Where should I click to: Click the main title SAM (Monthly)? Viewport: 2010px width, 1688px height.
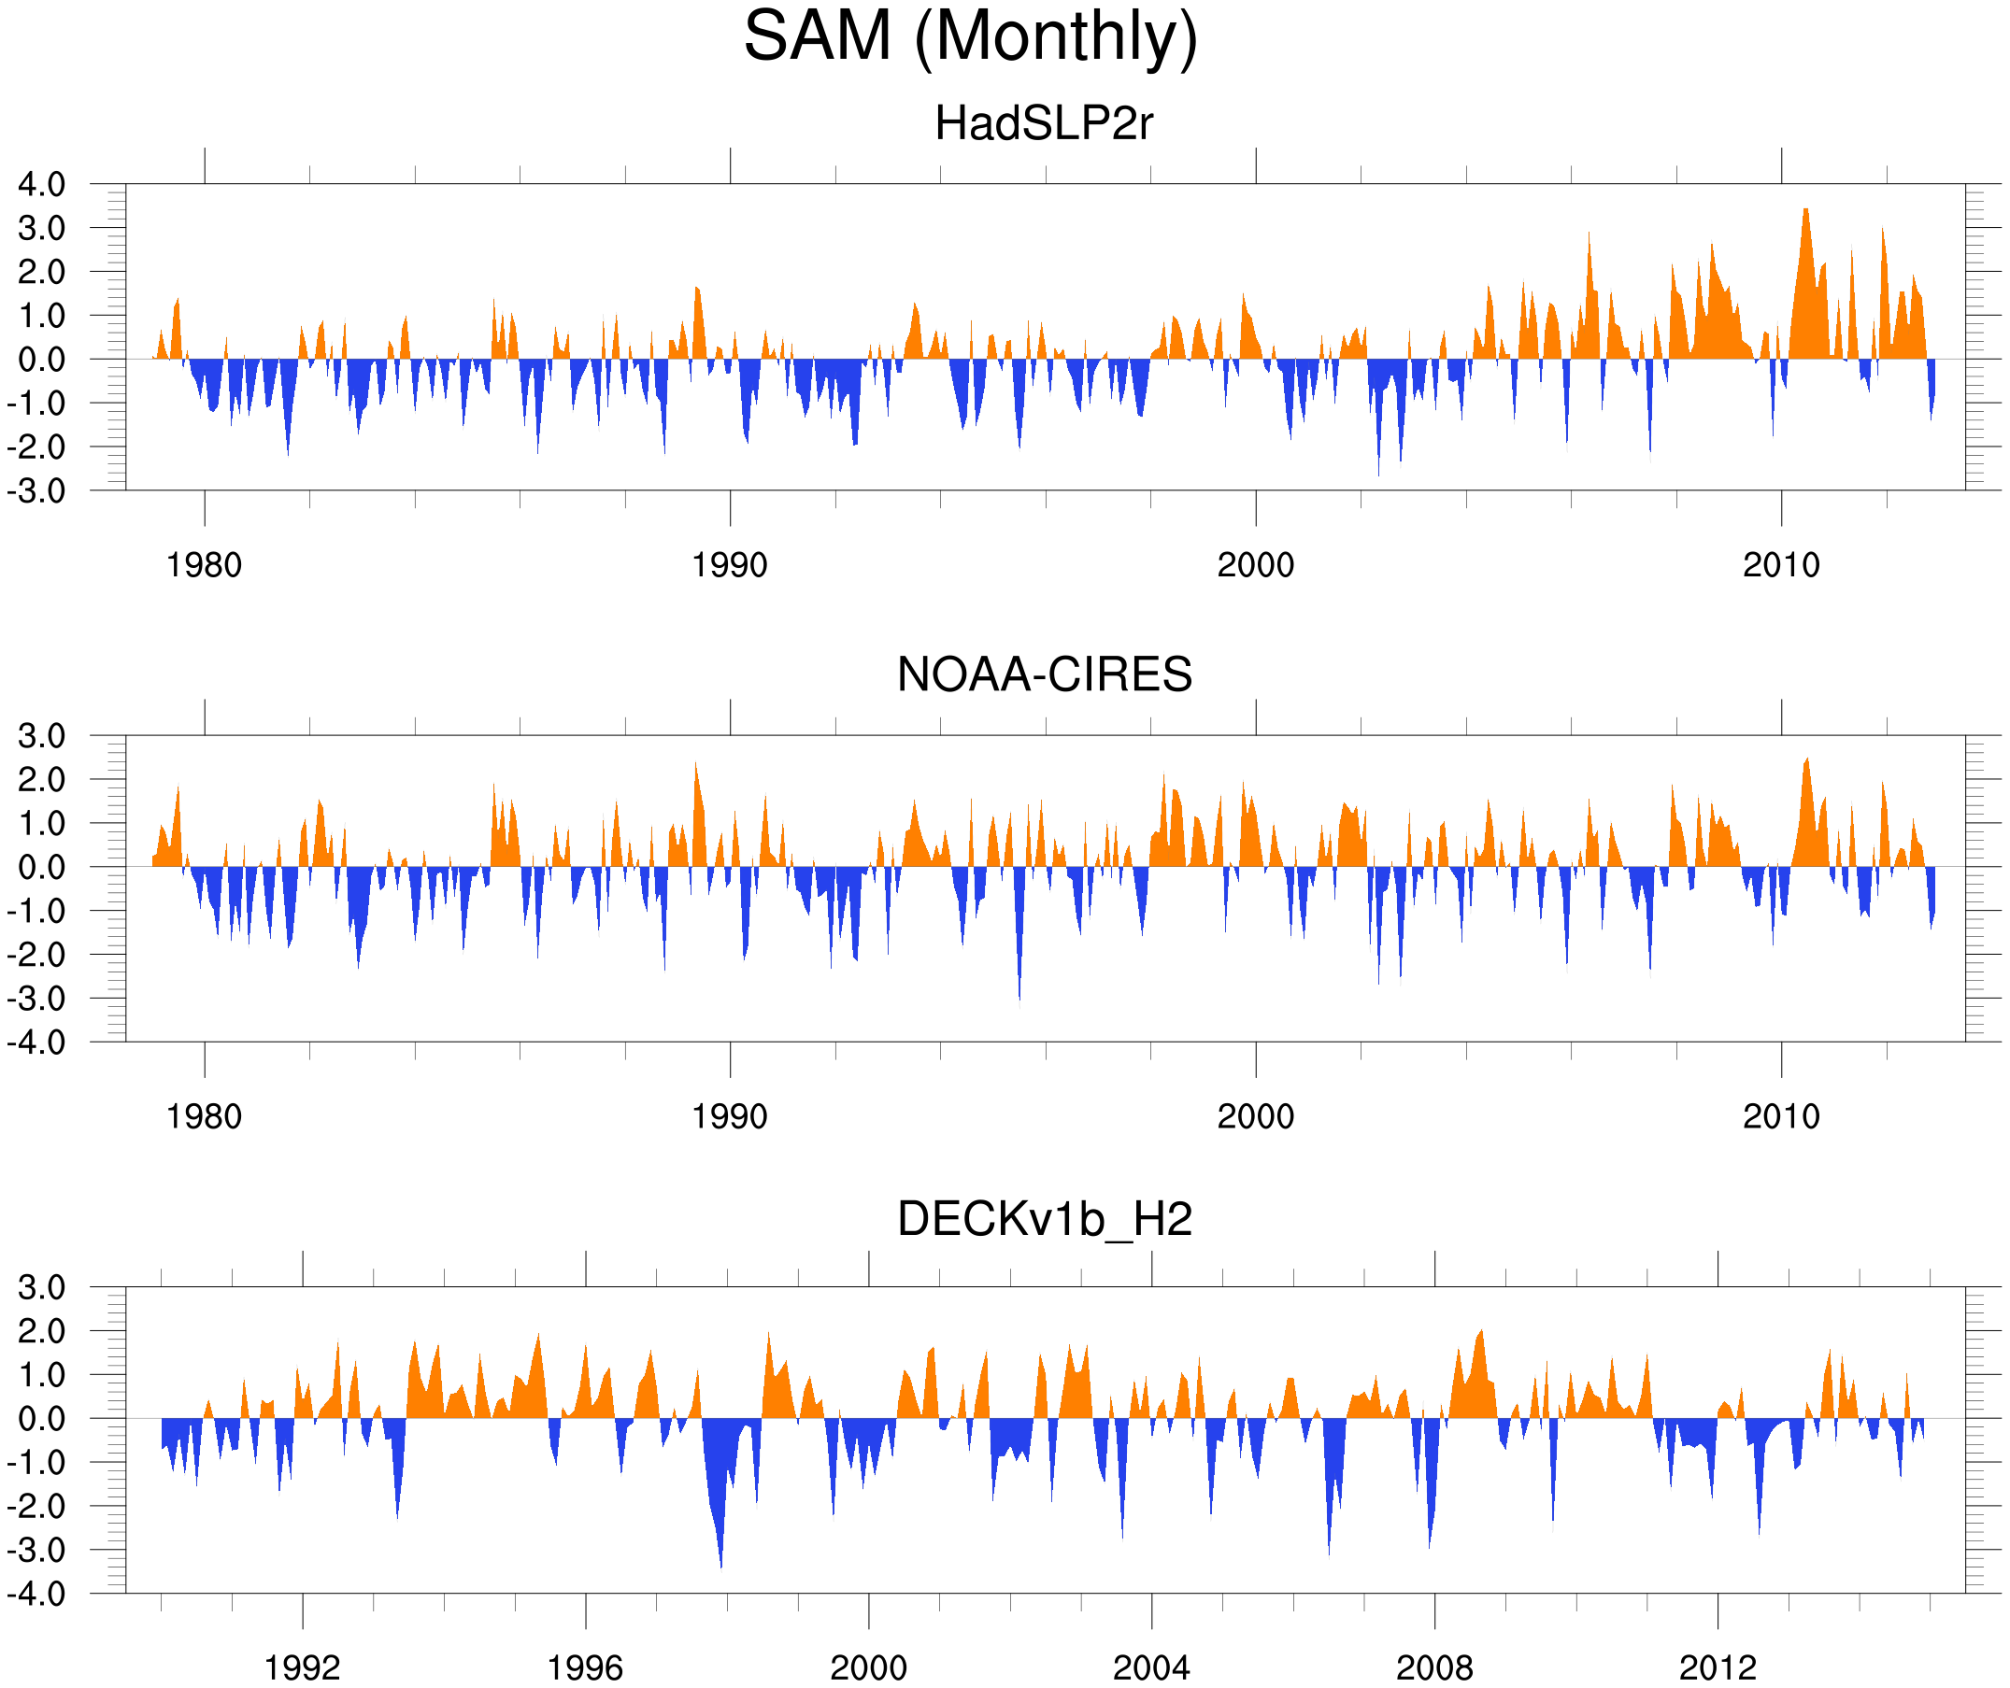click(970, 36)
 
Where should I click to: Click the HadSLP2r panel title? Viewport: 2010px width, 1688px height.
click(1043, 123)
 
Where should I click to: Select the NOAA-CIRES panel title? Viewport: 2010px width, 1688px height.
click(1044, 674)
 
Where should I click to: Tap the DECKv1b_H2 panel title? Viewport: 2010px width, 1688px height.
click(1044, 1219)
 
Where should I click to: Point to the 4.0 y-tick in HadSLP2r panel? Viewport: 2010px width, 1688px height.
click(41, 184)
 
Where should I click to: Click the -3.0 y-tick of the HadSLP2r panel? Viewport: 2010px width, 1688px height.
click(36, 491)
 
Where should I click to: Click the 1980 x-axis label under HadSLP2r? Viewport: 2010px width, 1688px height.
click(204, 565)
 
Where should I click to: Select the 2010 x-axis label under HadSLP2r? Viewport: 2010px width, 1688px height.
click(1780, 565)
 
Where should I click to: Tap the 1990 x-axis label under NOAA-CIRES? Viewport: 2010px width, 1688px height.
click(730, 1116)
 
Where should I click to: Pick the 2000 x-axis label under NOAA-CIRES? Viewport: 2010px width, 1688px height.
click(1255, 1116)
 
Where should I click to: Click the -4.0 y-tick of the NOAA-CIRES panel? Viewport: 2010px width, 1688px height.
click(36, 1043)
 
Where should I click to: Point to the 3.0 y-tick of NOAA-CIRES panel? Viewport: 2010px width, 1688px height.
click(41, 736)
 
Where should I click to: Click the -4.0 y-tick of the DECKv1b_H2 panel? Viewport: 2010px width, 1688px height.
click(36, 1594)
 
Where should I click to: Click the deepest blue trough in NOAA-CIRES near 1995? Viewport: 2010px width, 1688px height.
click(1019, 1000)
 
